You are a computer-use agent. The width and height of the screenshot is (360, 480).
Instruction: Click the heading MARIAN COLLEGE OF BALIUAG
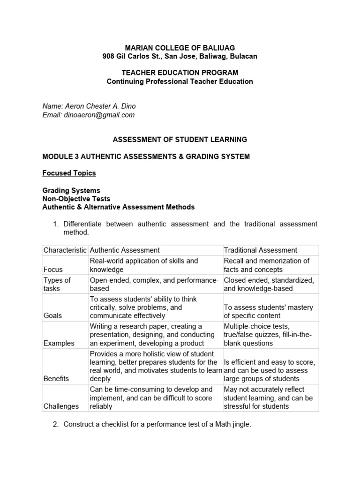point(180,47)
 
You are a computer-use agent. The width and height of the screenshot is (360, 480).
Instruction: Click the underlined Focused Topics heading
point(69,173)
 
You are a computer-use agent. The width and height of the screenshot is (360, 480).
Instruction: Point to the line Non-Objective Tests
point(76,199)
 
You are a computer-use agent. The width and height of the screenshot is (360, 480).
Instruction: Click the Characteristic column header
point(65,250)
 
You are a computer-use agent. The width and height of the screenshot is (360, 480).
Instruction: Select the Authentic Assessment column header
point(125,250)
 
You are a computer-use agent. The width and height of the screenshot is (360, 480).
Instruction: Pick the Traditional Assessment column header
point(260,250)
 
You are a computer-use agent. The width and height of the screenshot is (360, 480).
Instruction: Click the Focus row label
point(53,270)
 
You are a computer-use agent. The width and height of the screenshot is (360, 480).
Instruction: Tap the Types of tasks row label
point(57,284)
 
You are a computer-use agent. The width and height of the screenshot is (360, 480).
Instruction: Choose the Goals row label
point(53,316)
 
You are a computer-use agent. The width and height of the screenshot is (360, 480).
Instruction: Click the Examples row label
point(59,343)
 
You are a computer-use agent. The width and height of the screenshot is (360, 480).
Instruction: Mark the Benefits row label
point(56,378)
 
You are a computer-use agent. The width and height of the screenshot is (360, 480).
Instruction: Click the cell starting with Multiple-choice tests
point(270,335)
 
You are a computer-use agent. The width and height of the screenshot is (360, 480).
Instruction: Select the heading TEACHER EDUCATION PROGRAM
point(180,73)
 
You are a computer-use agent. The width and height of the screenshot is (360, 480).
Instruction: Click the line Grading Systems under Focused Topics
point(71,190)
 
